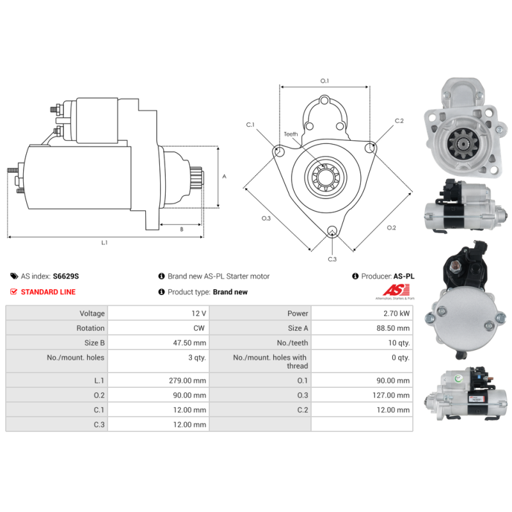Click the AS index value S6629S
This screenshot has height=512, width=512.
(x=66, y=276)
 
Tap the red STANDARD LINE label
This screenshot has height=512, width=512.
(x=48, y=292)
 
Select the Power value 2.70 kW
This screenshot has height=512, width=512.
(x=396, y=314)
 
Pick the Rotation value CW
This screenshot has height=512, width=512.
(x=200, y=328)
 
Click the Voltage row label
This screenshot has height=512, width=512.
(x=92, y=314)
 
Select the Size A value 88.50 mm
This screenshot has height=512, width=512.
(x=394, y=328)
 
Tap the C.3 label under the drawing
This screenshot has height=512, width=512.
(x=332, y=259)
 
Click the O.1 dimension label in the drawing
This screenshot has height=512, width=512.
(x=324, y=81)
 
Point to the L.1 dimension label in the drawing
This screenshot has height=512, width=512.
(x=104, y=243)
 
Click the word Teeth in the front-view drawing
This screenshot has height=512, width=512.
(x=291, y=134)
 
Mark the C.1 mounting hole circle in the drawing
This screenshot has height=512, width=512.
(x=279, y=152)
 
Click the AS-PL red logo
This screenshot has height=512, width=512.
(x=394, y=292)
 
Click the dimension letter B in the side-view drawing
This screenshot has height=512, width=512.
(x=181, y=228)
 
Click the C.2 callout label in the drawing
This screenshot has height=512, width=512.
(x=399, y=120)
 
